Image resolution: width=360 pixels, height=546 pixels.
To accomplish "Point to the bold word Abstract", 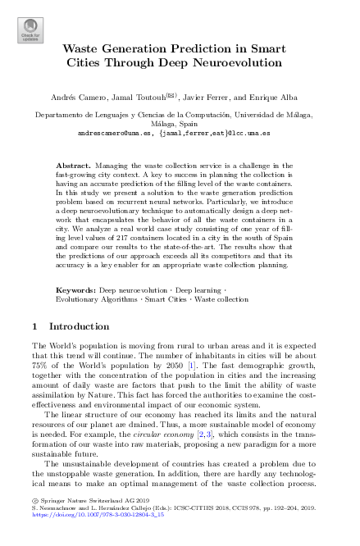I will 72,166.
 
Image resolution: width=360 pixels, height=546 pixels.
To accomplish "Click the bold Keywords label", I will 75,291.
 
